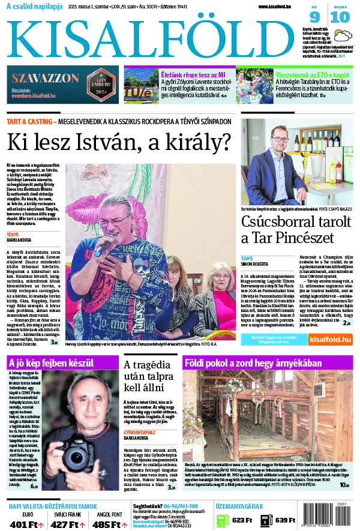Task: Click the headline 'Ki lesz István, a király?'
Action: (118, 142)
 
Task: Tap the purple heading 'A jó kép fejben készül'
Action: (51, 363)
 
